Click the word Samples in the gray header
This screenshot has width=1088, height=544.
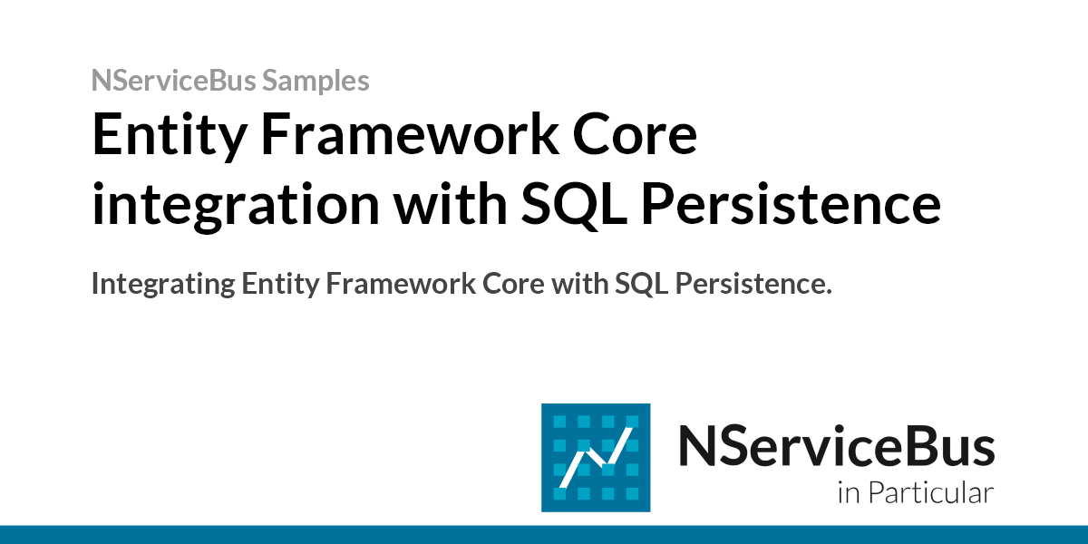316,81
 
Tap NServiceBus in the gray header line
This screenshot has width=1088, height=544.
174,81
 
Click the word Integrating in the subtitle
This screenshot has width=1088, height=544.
162,285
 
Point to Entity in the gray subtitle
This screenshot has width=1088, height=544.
280,285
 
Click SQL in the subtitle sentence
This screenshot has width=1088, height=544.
640,285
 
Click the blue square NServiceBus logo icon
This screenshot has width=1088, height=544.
596,457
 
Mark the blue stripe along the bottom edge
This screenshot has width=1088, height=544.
544,534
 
